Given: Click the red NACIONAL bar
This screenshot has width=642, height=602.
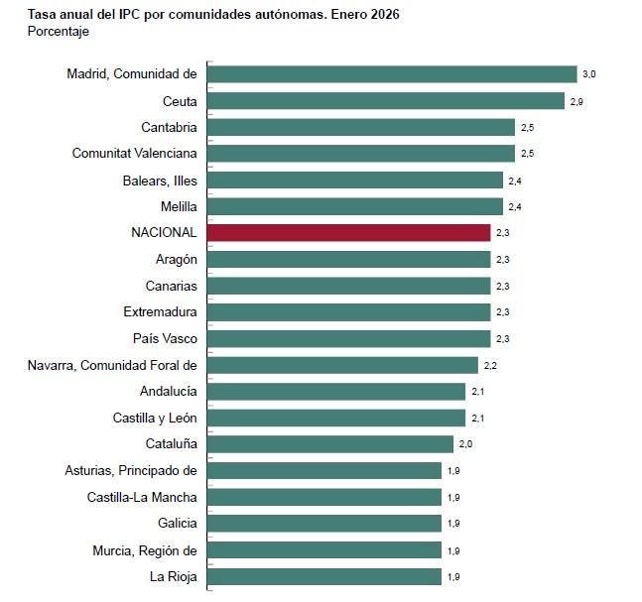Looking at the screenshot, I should (348, 232).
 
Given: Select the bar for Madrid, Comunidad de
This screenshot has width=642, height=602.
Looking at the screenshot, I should (392, 74).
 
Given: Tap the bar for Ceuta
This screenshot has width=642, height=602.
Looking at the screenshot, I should (386, 101).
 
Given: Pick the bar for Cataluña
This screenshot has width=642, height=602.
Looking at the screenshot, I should (330, 443).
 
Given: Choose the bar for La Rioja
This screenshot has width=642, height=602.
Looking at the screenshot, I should (324, 576).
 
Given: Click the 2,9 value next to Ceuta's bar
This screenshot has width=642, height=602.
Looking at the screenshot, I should (576, 101).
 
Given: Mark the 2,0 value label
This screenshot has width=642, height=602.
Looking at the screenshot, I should (465, 444).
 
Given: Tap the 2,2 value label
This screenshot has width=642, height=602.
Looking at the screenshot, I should (489, 365).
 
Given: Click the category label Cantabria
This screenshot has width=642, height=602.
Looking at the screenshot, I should (169, 127).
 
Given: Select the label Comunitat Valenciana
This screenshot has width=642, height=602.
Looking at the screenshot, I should (135, 154).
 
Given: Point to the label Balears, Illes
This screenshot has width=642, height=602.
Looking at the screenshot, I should (160, 181).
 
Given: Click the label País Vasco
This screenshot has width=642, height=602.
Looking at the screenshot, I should (165, 338).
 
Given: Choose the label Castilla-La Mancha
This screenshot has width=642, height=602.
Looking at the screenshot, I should (142, 497).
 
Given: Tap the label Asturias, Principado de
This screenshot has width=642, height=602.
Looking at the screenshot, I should (131, 470).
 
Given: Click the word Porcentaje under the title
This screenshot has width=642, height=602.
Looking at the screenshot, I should (59, 32).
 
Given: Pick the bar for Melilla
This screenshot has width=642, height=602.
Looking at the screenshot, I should (355, 206).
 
